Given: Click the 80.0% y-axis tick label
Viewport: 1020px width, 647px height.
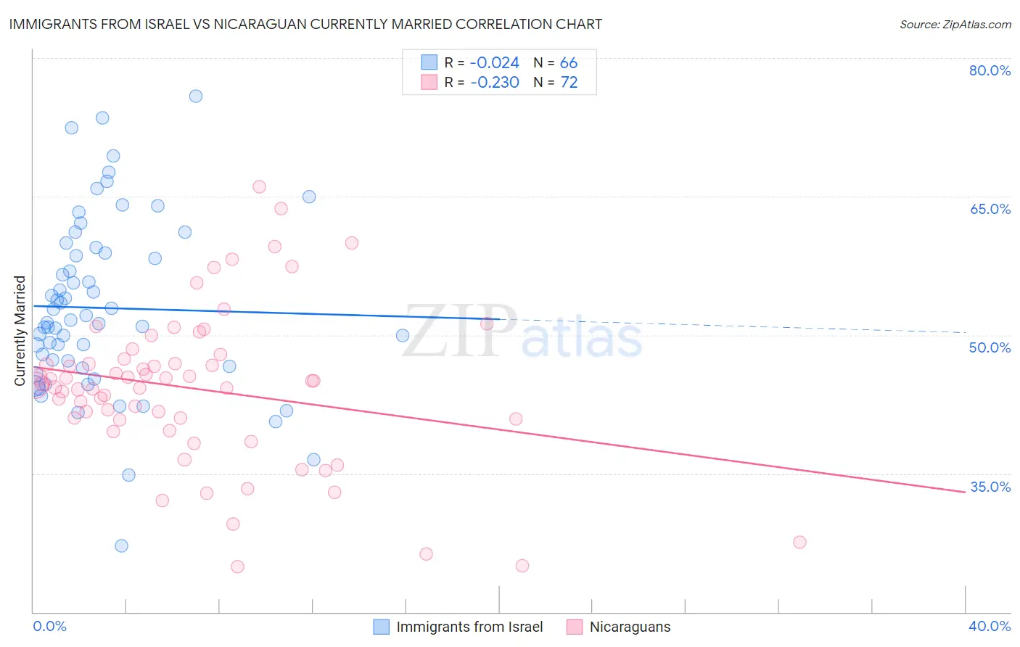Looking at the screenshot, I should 990,70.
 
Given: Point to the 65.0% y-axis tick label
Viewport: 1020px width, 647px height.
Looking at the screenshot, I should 990,209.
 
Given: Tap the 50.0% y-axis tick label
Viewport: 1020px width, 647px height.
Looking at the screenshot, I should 990,347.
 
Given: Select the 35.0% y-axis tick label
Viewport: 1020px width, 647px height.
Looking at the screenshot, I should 990,487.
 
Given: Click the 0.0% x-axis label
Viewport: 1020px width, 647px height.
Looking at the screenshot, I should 49,626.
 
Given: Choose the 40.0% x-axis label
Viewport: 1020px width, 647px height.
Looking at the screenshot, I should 990,626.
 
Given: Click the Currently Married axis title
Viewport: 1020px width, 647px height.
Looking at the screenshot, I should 20,331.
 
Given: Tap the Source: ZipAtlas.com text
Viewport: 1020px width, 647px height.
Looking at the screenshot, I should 955,24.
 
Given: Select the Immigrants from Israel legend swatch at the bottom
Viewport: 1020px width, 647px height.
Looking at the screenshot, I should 382,627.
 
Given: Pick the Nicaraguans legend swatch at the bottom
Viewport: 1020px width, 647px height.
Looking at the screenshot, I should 575,627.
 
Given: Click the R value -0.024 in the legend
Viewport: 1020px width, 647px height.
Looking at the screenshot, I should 495,63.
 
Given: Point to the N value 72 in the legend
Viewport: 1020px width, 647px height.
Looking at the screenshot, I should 569,83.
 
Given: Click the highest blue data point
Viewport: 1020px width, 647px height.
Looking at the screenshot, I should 195,96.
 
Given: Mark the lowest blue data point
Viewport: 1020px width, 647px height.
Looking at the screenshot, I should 121,545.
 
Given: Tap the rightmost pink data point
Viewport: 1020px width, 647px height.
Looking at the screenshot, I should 799,542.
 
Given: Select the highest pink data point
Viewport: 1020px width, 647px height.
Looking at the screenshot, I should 259,186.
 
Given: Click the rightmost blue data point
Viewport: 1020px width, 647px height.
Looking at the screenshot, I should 403,335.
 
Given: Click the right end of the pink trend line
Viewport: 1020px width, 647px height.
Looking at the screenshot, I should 965,492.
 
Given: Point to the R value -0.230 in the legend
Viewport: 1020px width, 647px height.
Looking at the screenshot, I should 495,83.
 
